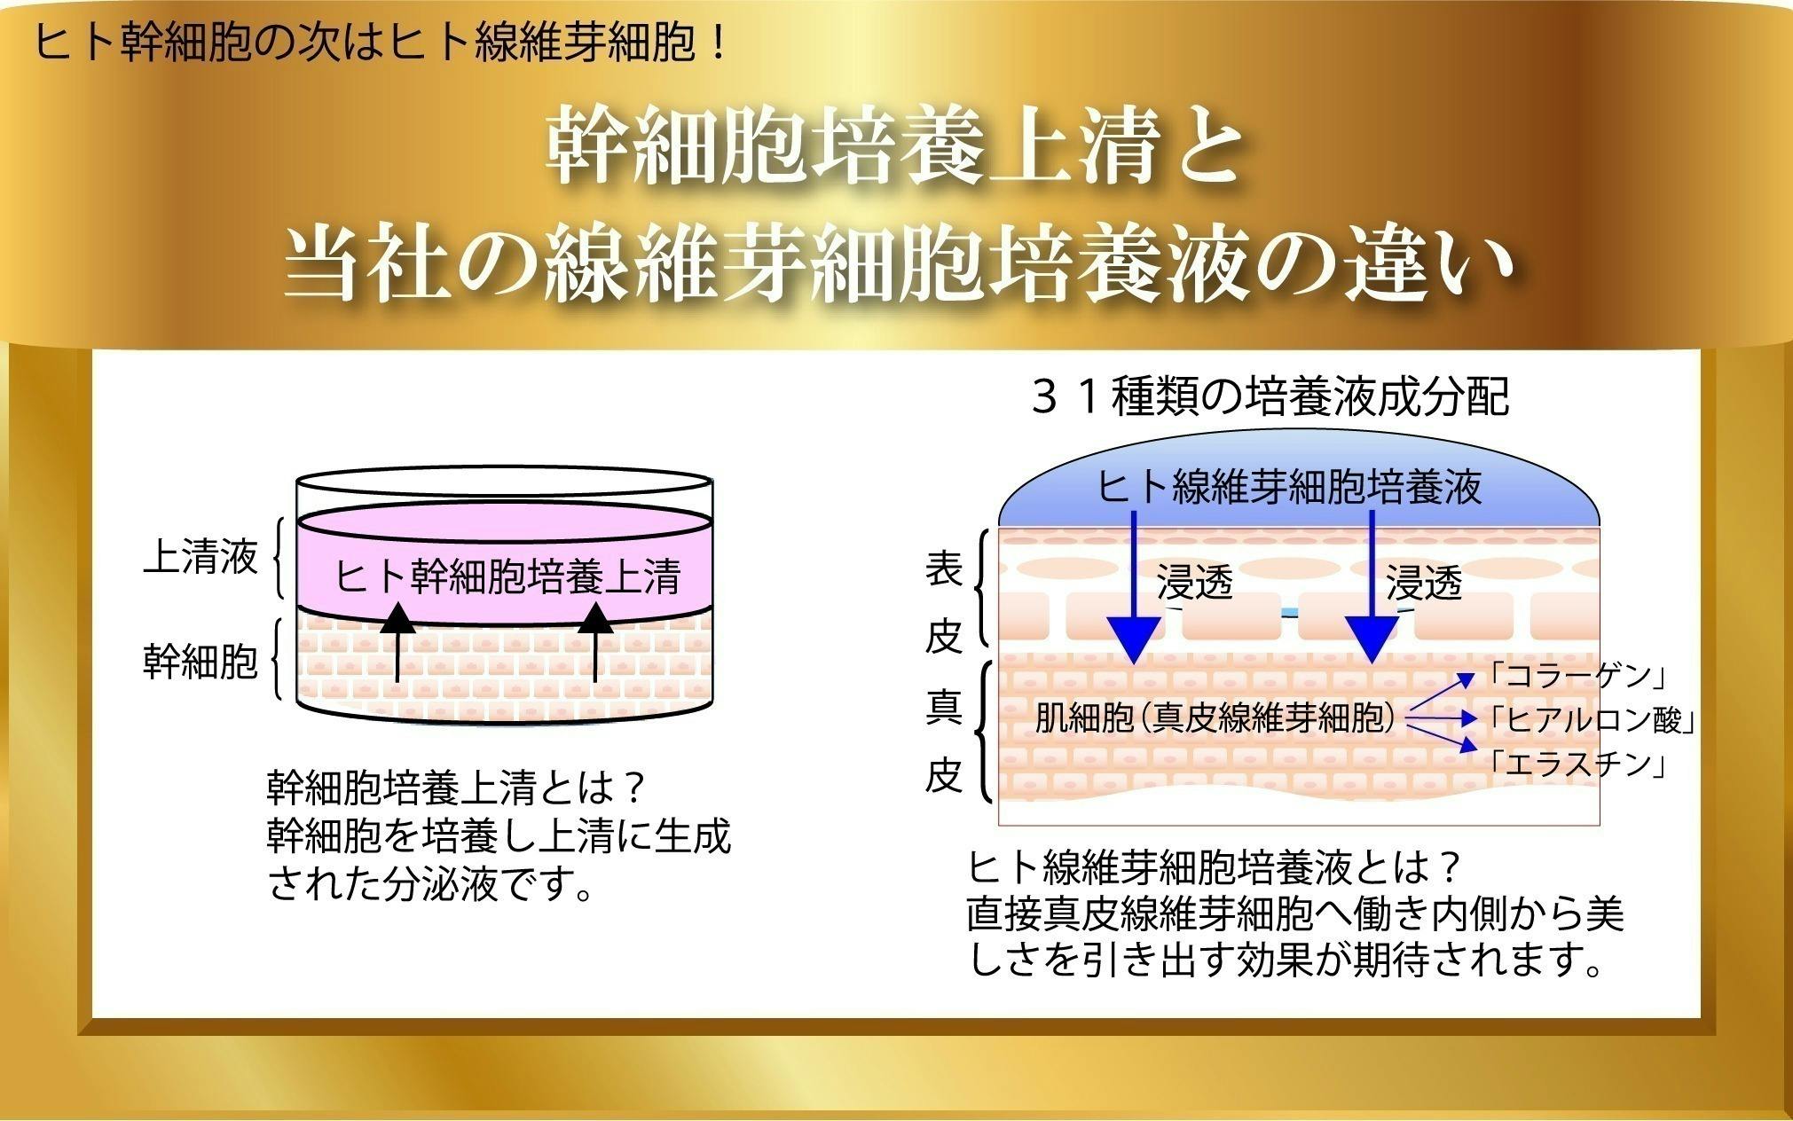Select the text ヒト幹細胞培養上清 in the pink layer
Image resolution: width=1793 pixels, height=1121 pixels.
[507, 576]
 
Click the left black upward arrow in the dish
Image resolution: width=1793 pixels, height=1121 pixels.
[397, 643]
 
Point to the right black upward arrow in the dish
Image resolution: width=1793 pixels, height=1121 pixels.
[595, 643]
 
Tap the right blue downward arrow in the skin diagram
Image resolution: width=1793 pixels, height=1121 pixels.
[1372, 587]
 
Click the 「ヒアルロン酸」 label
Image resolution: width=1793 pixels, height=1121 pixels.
[1592, 721]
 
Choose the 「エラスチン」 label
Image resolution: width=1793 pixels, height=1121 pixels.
[1576, 764]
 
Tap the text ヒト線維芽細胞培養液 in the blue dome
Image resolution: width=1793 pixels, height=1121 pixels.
[1289, 487]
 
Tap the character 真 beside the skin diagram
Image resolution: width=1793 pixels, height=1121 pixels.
[944, 709]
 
